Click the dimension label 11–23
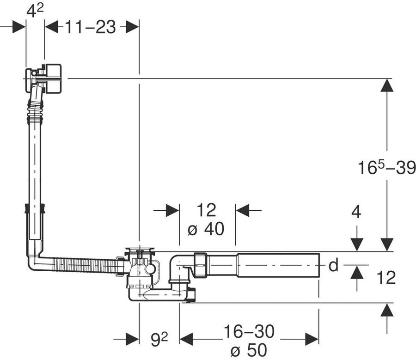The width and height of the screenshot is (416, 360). [91, 27]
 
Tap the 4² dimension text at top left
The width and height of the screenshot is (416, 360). [35, 11]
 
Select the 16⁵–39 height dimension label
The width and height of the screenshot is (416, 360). [386, 167]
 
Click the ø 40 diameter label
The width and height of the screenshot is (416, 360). [206, 229]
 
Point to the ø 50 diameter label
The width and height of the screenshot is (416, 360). [249, 350]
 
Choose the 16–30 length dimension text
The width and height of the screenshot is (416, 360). [249, 331]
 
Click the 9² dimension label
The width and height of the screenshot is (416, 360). [159, 340]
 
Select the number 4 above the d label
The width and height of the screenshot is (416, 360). [356, 212]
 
